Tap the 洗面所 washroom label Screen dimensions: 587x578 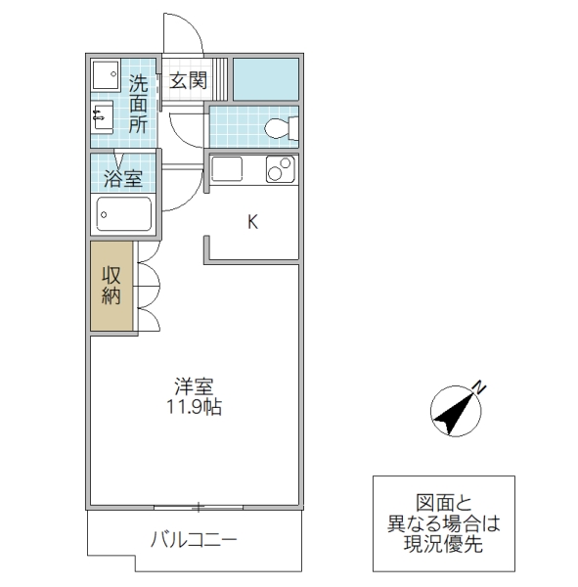click(138, 104)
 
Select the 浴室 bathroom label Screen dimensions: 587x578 click(124, 179)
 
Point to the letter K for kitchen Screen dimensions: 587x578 click(251, 222)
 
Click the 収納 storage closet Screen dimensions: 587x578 click(112, 286)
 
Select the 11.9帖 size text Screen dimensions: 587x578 click(194, 406)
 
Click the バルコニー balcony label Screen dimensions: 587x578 click(194, 540)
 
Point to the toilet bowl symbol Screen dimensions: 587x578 click(280, 127)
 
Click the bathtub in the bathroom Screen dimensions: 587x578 click(124, 213)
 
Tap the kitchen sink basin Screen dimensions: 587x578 click(227, 169)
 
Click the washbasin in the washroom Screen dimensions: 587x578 click(103, 118)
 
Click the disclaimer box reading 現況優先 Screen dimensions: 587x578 click(443, 523)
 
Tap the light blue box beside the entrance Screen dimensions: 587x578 click(265, 78)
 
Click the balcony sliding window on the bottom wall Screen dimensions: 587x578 click(199, 507)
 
